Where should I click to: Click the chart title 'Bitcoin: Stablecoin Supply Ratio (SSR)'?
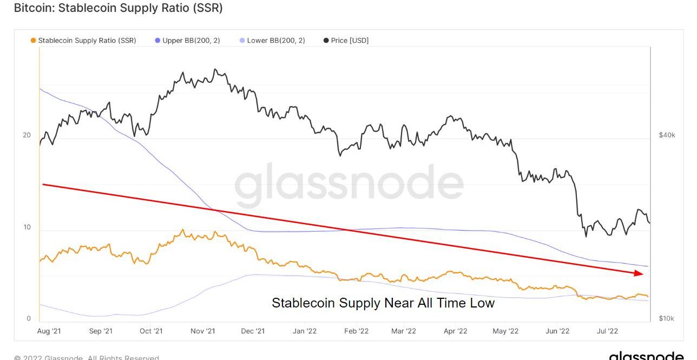(118, 8)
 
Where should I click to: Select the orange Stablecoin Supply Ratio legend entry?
(84, 41)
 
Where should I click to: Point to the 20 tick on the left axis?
(27, 135)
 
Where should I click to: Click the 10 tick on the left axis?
(27, 227)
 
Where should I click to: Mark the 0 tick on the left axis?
(29, 318)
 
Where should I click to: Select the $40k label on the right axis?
(667, 135)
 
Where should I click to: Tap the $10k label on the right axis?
(667, 318)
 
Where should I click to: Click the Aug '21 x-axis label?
(49, 331)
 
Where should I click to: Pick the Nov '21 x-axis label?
(203, 331)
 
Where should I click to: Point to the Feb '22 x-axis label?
(356, 331)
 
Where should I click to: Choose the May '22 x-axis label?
(505, 331)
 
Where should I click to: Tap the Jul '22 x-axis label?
(607, 331)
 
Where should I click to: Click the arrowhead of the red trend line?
(640, 273)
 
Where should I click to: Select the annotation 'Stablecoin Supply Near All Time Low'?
(383, 303)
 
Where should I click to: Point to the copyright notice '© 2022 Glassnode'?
(87, 357)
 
